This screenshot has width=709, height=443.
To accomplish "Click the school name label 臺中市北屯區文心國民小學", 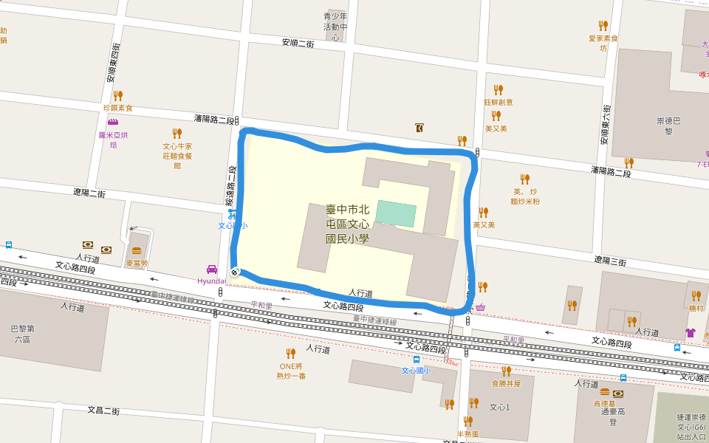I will point(347,224).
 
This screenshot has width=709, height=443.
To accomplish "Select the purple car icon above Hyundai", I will point(212,269).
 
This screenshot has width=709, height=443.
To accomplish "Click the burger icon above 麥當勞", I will point(137,251).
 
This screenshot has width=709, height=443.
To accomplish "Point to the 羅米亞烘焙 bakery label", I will point(113,140).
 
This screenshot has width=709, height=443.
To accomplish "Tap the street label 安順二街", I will point(298,43).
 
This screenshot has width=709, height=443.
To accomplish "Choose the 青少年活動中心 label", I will point(335,27).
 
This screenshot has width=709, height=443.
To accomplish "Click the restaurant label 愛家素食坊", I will point(603,43).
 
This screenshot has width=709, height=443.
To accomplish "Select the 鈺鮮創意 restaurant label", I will point(498,103).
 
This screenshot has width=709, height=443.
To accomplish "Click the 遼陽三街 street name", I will point(610,261).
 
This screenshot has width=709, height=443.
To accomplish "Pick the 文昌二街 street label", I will point(103,410).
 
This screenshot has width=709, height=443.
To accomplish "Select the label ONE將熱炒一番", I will point(291,371).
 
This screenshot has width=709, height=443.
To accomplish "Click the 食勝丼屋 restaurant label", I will point(506,383).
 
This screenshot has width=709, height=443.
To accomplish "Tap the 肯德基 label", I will point(605,403).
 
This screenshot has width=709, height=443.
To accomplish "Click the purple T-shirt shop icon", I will point(691,333).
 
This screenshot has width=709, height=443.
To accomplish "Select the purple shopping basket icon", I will point(481,308).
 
